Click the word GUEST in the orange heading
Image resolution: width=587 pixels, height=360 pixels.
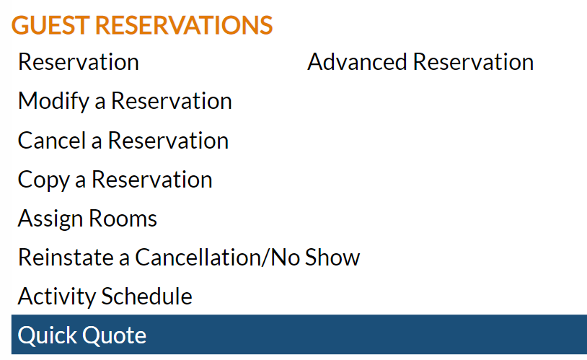point(50,25)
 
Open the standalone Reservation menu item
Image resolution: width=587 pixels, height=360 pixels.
point(79,62)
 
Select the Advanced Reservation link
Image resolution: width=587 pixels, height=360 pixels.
point(420,62)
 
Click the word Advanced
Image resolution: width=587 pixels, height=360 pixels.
point(357,62)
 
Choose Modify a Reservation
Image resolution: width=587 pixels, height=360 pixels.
point(125,101)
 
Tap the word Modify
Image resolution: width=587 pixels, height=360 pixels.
point(54,101)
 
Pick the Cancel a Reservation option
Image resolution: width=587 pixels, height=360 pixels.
point(123,141)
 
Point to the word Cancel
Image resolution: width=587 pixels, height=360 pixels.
point(52,141)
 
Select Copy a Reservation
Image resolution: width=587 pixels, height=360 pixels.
point(115,180)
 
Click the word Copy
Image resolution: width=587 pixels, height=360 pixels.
point(44,180)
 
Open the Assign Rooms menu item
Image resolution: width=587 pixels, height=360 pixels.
point(87,219)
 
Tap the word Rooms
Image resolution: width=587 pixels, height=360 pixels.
point(123,219)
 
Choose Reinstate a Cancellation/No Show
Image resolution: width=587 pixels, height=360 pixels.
point(189,258)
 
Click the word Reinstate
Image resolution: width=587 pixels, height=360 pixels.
point(66,258)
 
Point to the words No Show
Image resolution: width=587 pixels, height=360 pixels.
point(315,258)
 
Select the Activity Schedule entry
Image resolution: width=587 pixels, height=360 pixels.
point(105,297)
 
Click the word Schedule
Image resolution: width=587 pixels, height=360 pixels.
point(147,297)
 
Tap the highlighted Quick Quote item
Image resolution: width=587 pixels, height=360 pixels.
point(82,335)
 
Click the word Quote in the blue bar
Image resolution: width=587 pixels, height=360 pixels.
point(114,335)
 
